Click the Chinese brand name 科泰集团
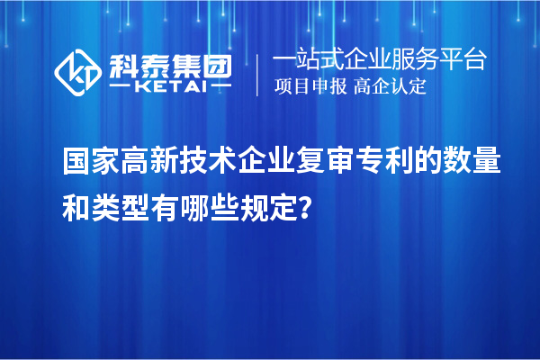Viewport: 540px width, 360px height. click(x=170, y=64)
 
